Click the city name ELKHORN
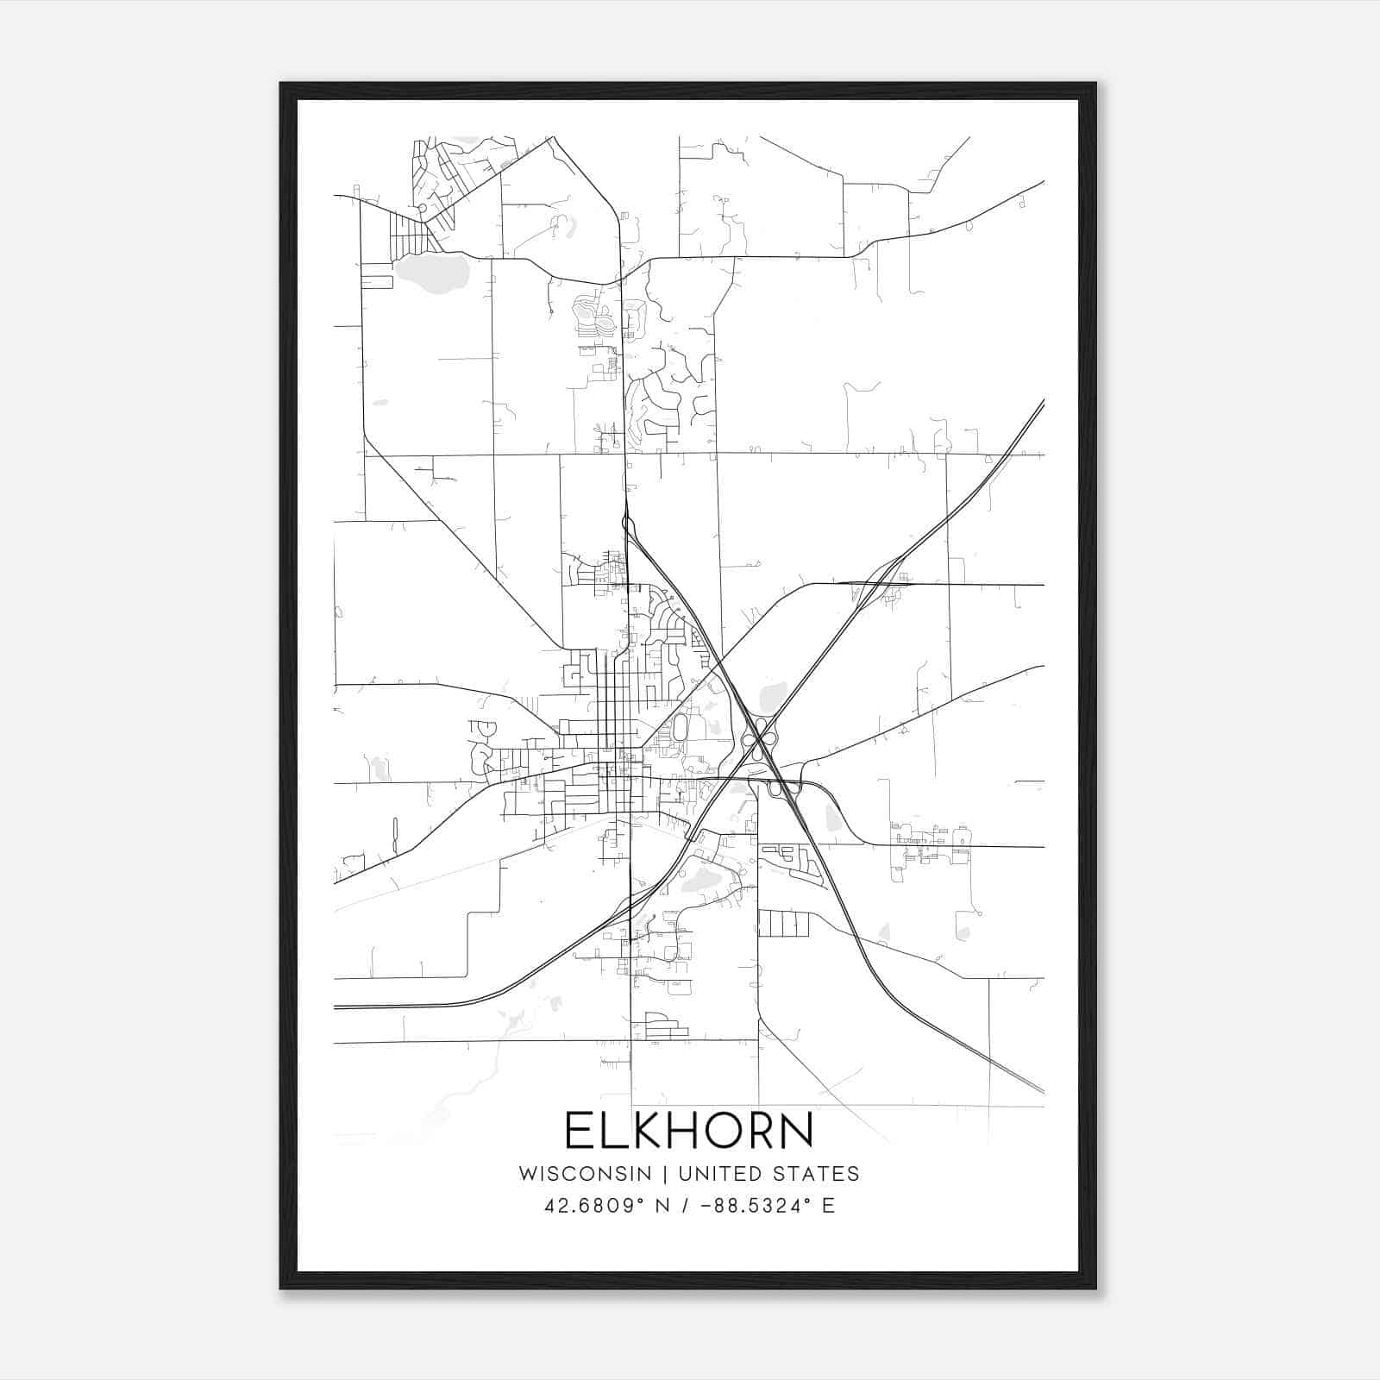pyautogui.click(x=689, y=1131)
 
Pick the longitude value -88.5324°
pyautogui.click(x=756, y=1206)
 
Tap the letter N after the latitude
pyautogui.click(x=663, y=1206)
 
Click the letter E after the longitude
pyautogui.click(x=828, y=1206)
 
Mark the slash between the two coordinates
pyautogui.click(x=687, y=1206)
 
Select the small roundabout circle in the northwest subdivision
pyautogui.click(x=422, y=208)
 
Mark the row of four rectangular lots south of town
pyautogui.click(x=784, y=924)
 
